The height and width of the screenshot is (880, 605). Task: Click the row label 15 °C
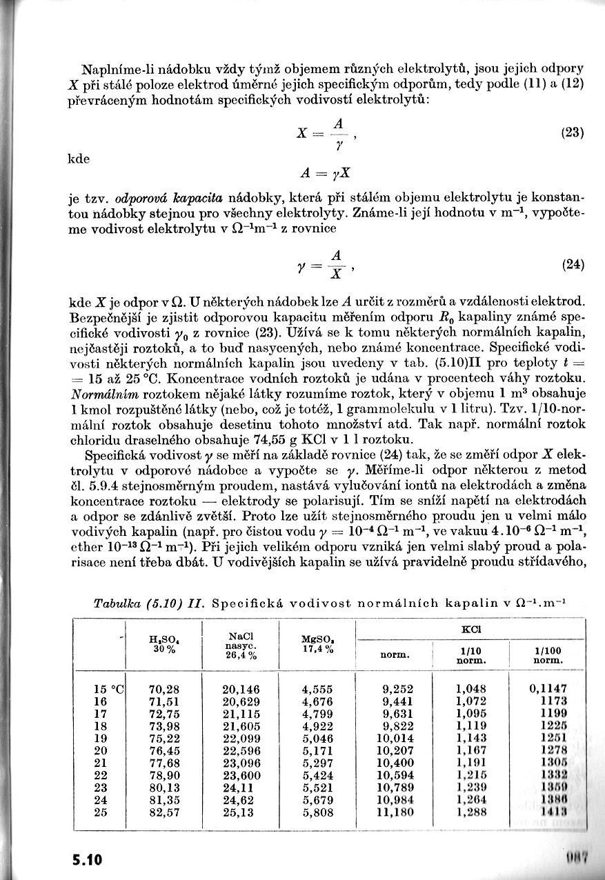point(108,688)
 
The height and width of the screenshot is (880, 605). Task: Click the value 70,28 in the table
point(164,688)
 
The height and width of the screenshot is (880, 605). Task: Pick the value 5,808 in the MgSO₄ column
point(317,812)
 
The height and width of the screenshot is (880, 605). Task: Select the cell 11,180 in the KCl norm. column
point(397,812)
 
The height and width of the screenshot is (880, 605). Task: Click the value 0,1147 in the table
point(548,688)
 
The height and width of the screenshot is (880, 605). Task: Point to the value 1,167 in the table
point(471,750)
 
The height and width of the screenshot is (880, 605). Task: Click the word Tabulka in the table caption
point(116,603)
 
